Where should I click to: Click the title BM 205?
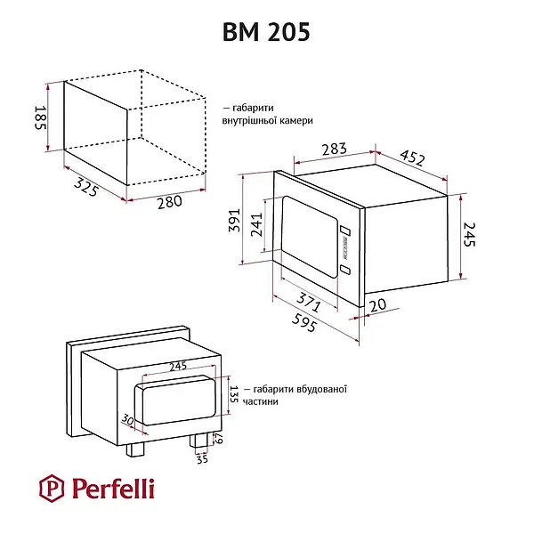point(266,33)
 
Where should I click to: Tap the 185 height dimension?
point(39,116)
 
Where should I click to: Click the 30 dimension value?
point(127,419)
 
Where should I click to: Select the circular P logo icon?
point(53,488)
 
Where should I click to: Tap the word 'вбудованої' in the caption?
point(315,389)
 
